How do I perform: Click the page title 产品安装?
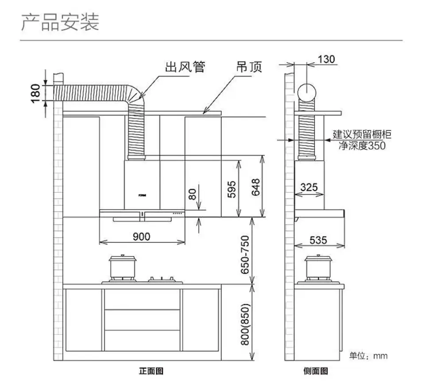coord(60,22)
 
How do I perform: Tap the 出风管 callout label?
coord(185,67)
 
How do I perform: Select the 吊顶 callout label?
coord(249,67)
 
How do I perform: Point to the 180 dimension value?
coord(35,93)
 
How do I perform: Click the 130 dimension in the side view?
coord(326,59)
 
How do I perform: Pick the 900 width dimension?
coord(142,237)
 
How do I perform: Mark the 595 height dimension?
coord(231,189)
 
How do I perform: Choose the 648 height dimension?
coord(255,187)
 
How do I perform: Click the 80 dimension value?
coord(192,194)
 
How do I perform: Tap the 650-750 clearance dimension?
coord(245,255)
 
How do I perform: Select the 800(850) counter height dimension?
coord(245,324)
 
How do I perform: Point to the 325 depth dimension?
coord(309,187)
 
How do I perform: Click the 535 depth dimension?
coord(318,240)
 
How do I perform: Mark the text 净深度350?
coord(362,146)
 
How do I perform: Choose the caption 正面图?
coord(151,371)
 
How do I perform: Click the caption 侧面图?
coord(316,371)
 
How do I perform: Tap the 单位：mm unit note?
coord(368,356)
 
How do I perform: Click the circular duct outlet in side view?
coord(307,93)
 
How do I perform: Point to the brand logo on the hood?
coord(142,195)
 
